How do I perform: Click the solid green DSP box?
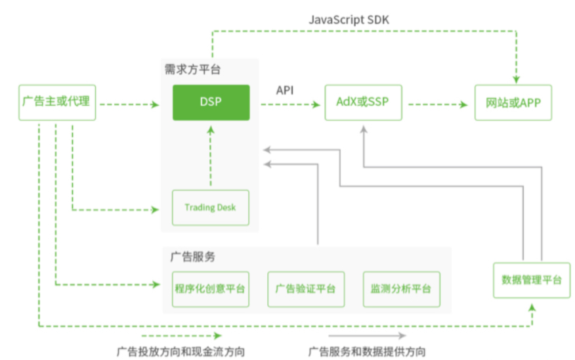pos(211,102)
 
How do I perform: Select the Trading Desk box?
pos(210,208)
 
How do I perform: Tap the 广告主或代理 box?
pos(56,102)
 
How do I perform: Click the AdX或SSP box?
pos(363,102)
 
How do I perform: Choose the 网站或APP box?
pos(513,102)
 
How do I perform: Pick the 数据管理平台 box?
pos(532,280)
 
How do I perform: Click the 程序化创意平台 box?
pos(211,288)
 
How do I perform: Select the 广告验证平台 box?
pos(306,288)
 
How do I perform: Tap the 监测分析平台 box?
pos(401,288)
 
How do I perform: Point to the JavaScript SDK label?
pos(349,19)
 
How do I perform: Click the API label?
pos(284,89)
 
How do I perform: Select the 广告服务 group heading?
pos(193,256)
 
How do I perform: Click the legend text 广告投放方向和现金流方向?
pos(181,351)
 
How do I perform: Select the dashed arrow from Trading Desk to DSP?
pos(211,155)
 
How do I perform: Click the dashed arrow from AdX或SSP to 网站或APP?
pos(438,104)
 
